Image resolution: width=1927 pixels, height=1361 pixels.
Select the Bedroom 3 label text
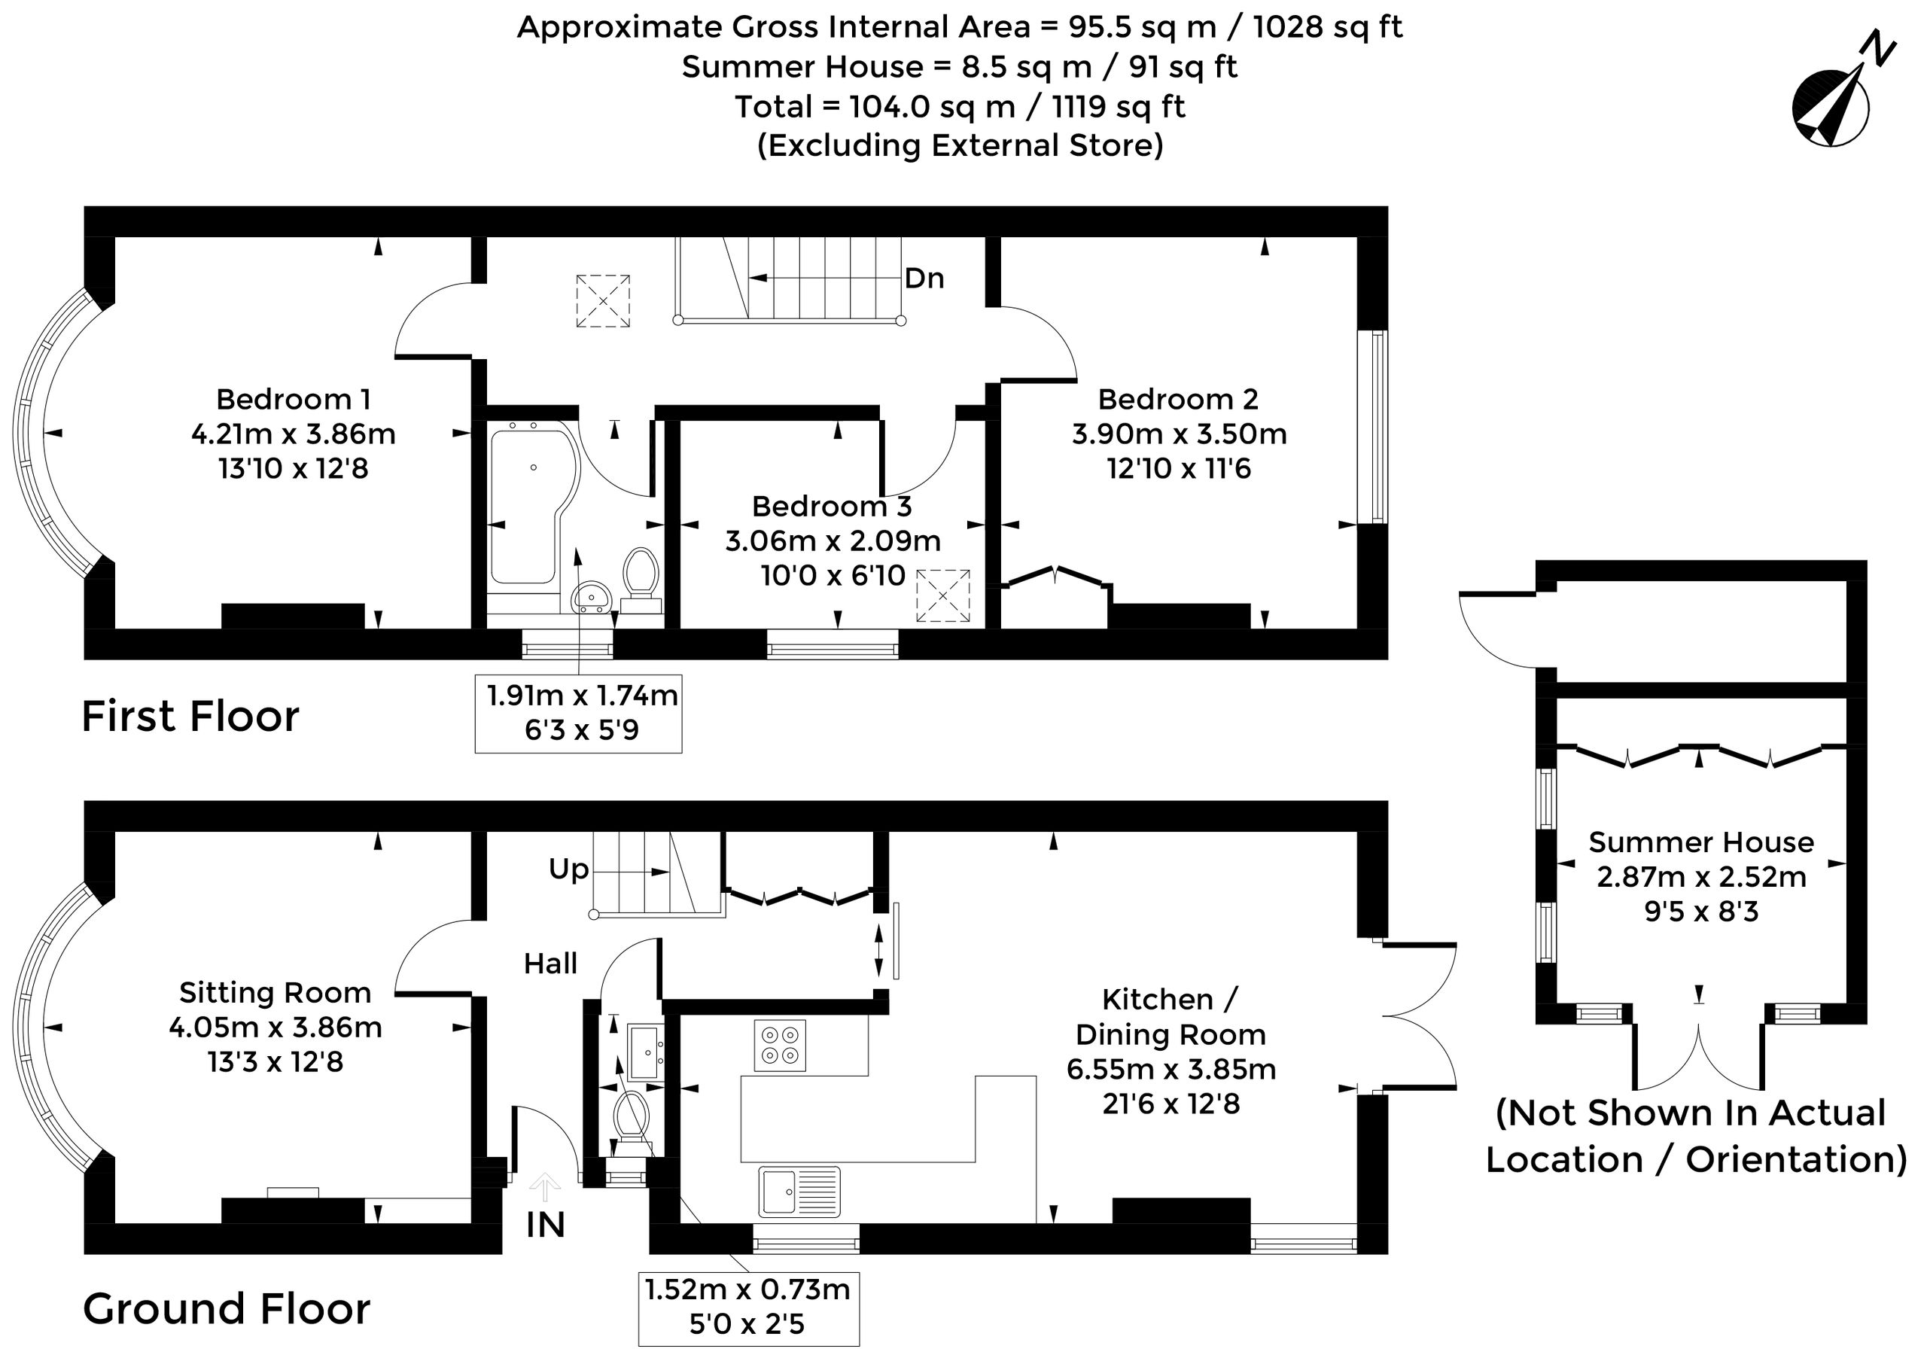click(832, 506)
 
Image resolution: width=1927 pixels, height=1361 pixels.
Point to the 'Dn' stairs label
click(924, 278)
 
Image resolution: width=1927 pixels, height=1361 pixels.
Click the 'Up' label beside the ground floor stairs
click(569, 869)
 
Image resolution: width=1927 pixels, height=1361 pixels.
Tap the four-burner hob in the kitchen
click(780, 1046)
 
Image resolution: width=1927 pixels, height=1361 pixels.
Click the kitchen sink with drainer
click(799, 1192)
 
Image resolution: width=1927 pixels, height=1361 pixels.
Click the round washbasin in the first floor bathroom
click(592, 597)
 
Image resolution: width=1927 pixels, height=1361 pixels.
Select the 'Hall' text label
click(550, 964)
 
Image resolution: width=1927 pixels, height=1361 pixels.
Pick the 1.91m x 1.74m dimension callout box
click(578, 713)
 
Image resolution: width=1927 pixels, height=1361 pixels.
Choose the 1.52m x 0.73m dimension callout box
click(749, 1310)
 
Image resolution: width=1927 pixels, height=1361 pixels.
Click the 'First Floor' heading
click(190, 717)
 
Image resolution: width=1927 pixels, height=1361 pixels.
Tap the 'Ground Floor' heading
click(227, 1309)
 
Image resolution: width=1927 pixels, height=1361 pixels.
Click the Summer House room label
click(1701, 842)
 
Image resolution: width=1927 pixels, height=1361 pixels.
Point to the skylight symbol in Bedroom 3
click(942, 595)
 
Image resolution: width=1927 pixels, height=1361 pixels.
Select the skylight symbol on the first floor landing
click(604, 300)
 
